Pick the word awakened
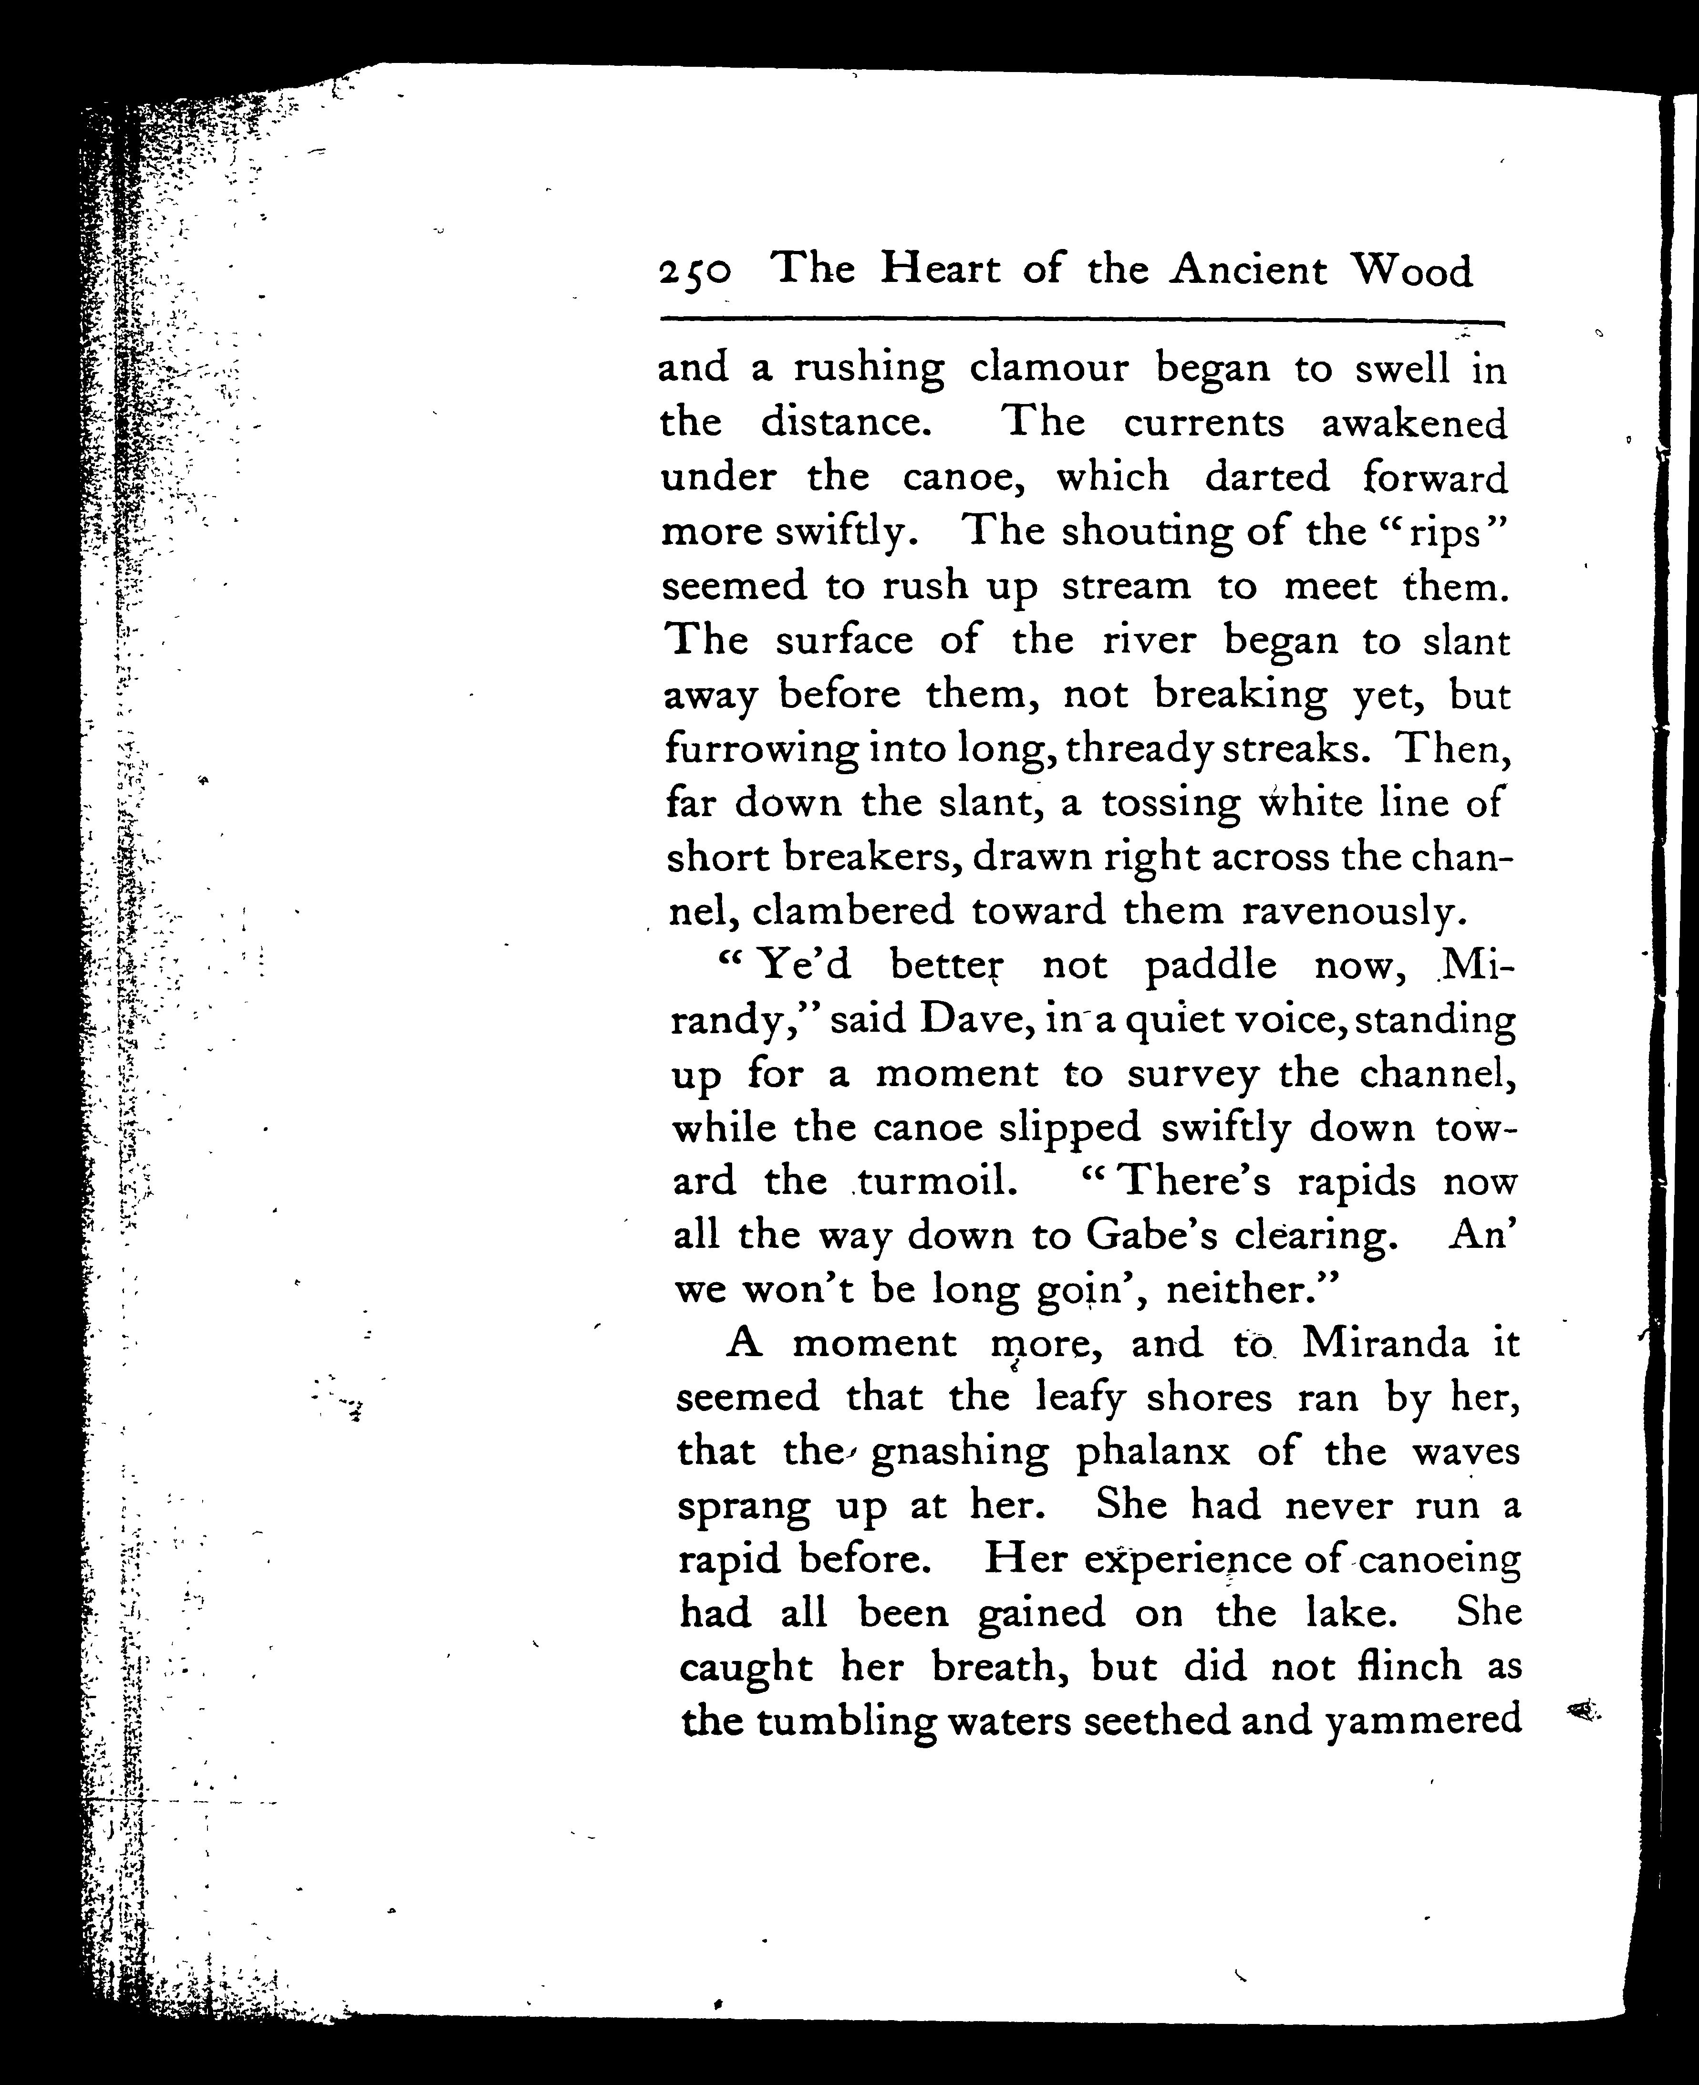click(x=1414, y=423)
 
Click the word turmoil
click(x=935, y=1182)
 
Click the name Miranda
click(x=1385, y=1344)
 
